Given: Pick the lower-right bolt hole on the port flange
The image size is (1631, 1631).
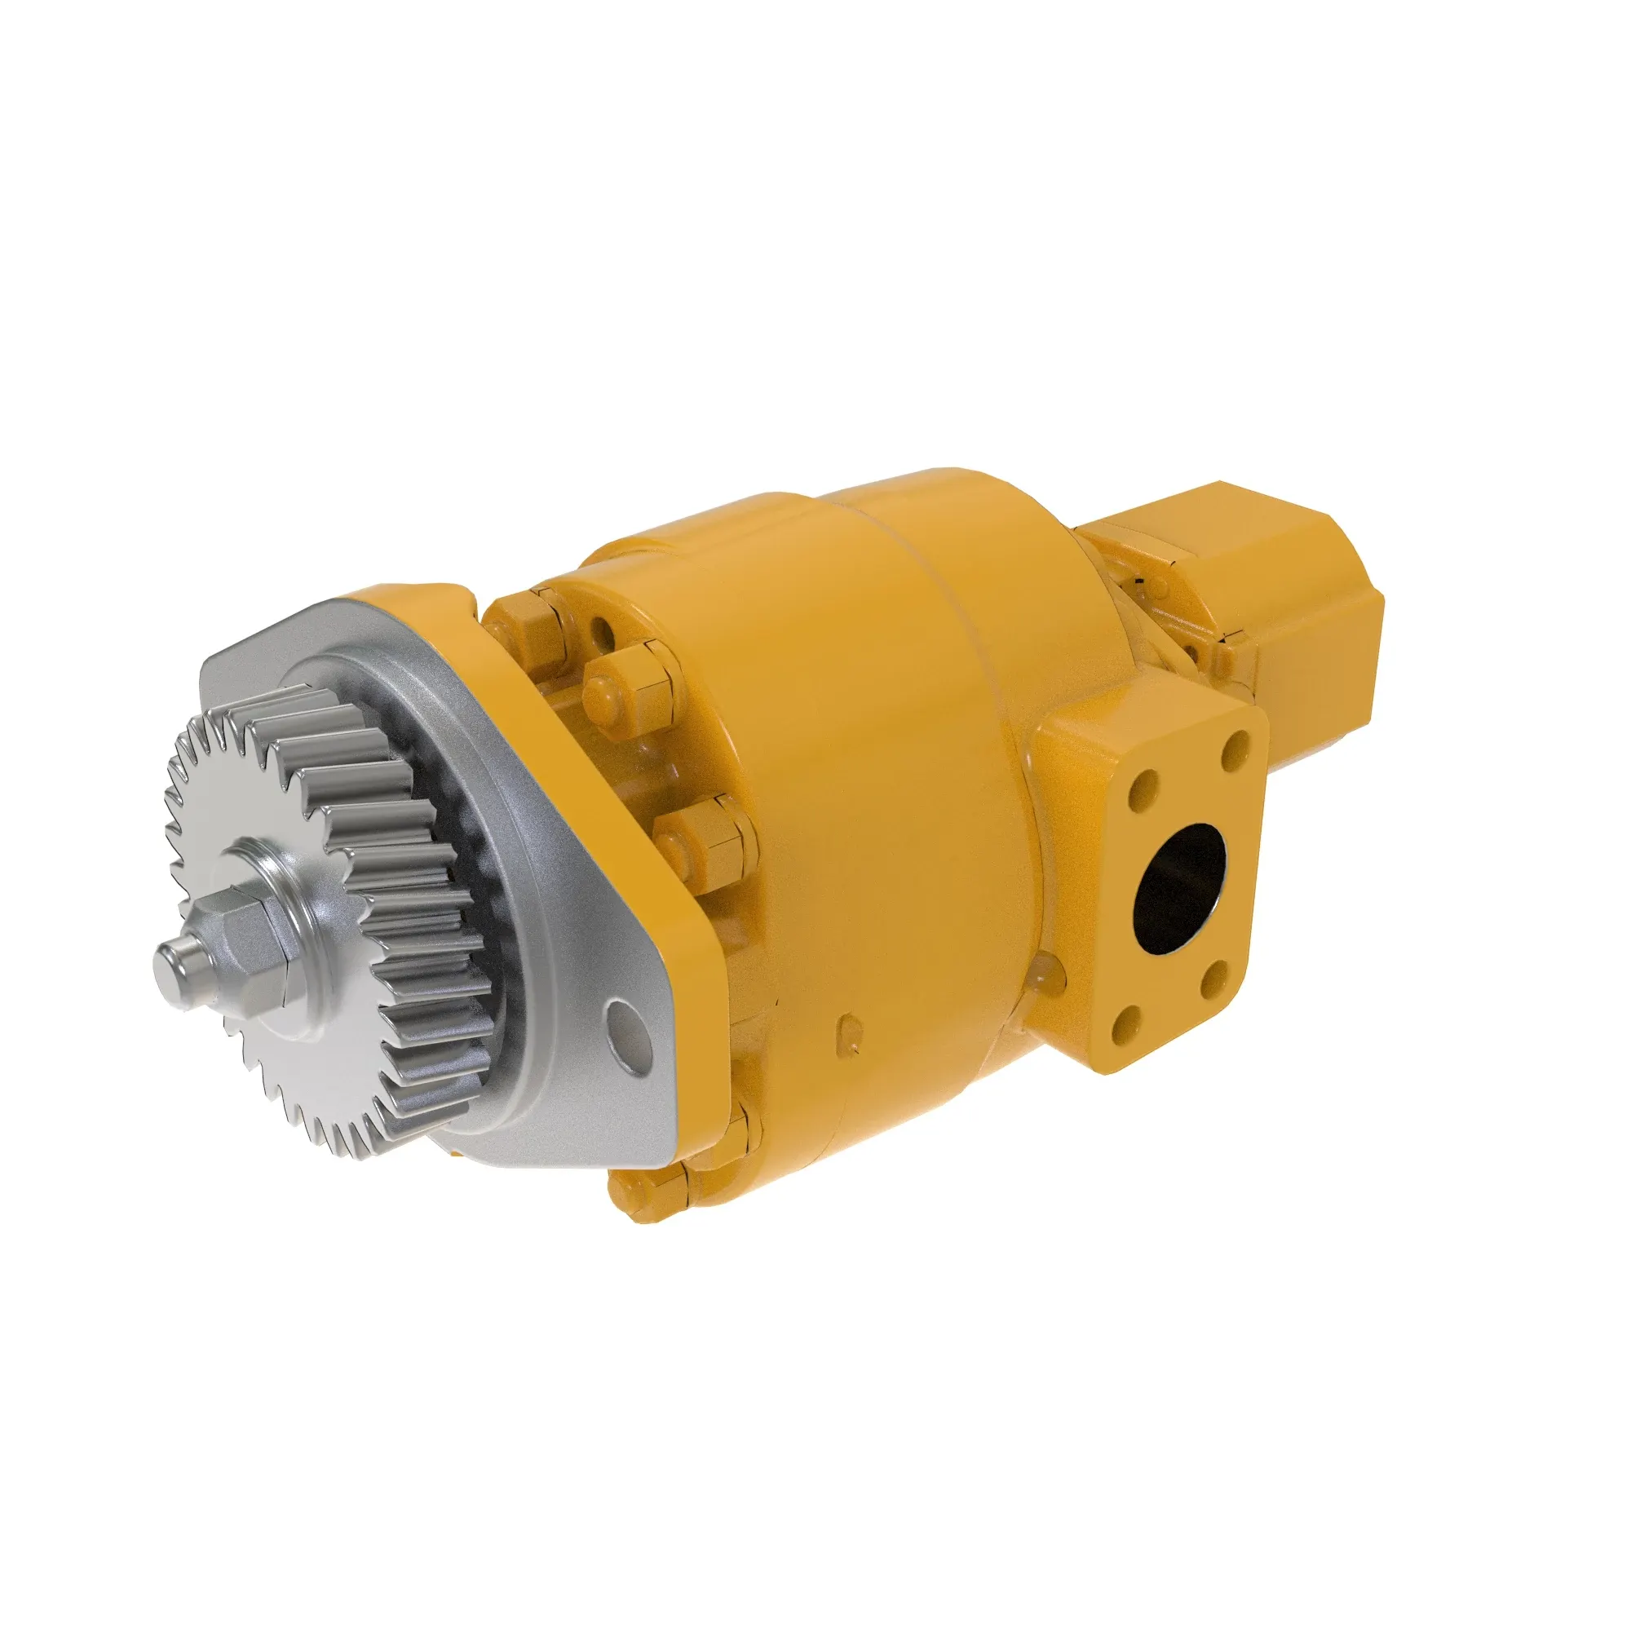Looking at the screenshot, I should point(1213,979).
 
